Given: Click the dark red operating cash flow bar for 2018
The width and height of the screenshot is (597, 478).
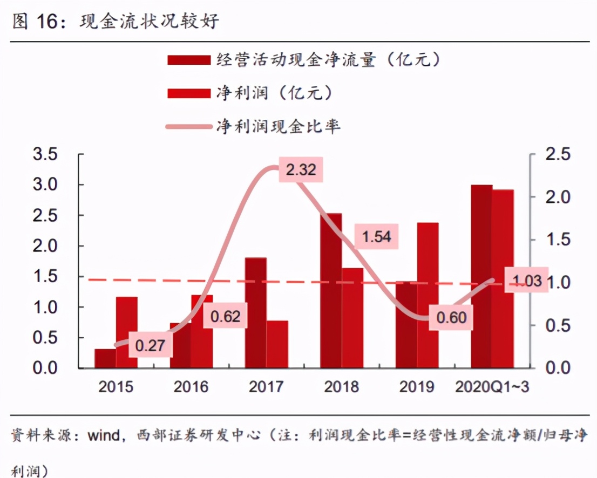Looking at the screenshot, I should [331, 291].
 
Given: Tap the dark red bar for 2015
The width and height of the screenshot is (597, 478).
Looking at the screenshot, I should [105, 359].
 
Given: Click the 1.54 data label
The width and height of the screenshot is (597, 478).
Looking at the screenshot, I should [376, 237].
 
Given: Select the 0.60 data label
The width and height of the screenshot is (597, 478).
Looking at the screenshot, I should [451, 318].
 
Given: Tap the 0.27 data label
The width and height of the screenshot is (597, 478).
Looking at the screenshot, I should [150, 346].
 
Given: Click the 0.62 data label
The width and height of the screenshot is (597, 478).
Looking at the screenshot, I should [225, 317].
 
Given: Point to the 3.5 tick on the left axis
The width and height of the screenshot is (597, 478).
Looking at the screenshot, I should [45, 155].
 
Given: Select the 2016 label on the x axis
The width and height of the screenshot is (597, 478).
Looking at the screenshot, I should [191, 387].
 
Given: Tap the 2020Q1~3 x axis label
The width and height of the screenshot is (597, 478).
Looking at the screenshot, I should [491, 387].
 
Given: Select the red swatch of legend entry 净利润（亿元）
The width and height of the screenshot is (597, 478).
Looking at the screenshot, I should [188, 93].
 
